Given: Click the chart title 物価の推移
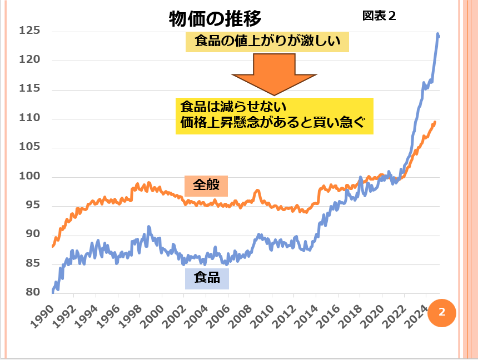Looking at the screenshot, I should pyautogui.click(x=215, y=18).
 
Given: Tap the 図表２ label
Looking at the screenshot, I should pyautogui.click(x=379, y=16).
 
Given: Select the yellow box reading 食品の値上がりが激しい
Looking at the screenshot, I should pyautogui.click(x=267, y=41).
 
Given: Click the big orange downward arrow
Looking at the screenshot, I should pyautogui.click(x=274, y=72).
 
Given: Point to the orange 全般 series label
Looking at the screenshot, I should pyautogui.click(x=206, y=185).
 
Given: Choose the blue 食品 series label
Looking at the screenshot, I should pyautogui.click(x=206, y=277).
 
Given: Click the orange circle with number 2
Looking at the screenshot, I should pyautogui.click(x=442, y=312).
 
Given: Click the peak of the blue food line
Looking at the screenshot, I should pyautogui.click(x=438, y=34).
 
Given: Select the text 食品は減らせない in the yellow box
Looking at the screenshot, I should pyautogui.click(x=233, y=106).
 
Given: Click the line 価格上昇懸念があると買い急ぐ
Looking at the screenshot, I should pyautogui.click(x=272, y=123).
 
